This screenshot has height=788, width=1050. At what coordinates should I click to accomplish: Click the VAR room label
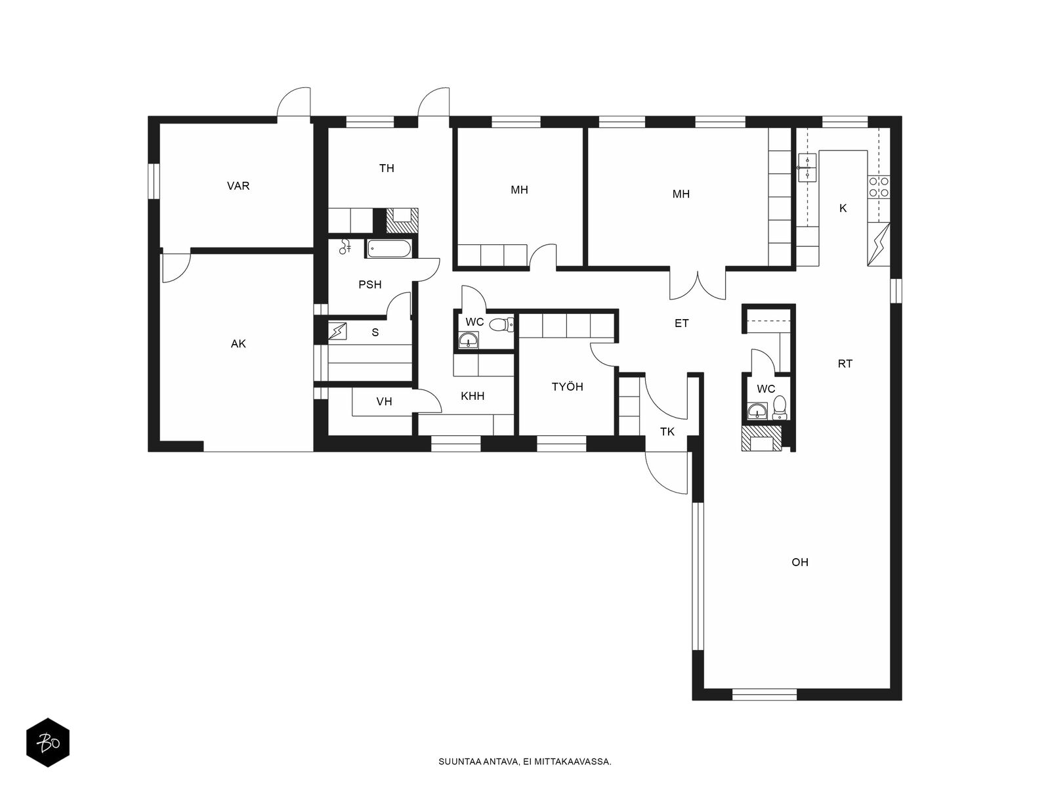click(238, 186)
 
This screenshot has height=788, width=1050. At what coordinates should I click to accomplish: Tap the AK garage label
click(238, 343)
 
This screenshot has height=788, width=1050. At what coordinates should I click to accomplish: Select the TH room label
click(387, 168)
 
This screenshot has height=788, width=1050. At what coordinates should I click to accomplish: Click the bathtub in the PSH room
click(388, 248)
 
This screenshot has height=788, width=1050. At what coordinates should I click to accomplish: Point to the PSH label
click(369, 285)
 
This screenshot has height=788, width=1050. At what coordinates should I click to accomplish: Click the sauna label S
click(375, 332)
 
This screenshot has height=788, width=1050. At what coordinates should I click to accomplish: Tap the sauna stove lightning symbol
click(337, 331)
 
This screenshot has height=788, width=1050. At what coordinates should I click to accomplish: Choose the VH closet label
click(384, 402)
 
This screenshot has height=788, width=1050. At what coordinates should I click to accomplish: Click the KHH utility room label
click(472, 396)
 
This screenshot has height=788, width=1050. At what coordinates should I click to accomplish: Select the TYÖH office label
click(568, 387)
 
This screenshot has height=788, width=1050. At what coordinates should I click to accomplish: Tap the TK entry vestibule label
click(667, 432)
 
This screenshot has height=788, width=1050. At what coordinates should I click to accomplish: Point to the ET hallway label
click(681, 324)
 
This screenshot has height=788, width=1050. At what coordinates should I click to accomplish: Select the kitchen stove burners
click(879, 187)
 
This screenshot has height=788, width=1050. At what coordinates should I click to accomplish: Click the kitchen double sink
click(807, 167)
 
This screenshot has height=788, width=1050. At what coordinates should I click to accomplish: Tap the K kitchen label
click(843, 209)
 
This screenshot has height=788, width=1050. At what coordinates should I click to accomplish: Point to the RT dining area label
click(845, 364)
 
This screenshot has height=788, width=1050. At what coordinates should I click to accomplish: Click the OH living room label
click(800, 562)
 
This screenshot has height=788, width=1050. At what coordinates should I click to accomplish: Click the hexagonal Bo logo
click(48, 742)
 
